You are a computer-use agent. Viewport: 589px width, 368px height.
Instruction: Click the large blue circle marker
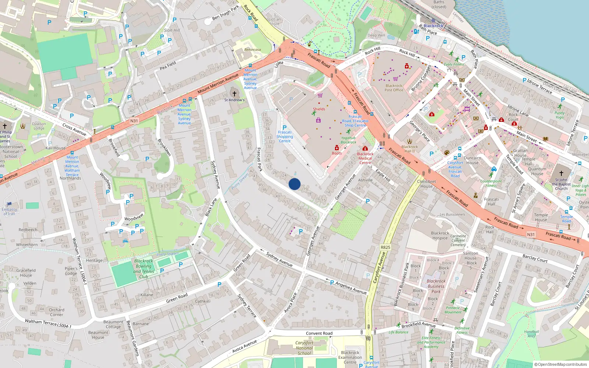pos(294,184)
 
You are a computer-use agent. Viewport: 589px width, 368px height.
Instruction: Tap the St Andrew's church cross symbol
pos(234,94)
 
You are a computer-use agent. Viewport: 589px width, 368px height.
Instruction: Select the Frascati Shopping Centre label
pos(285,137)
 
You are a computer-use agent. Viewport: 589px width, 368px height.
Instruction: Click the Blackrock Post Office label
pos(394,88)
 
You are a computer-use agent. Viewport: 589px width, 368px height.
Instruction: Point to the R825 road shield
pos(385,247)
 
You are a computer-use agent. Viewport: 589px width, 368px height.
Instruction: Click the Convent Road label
pos(319,333)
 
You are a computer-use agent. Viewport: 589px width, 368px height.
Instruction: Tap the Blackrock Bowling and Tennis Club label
pos(144,269)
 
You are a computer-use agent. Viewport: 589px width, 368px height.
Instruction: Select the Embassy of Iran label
pos(9,212)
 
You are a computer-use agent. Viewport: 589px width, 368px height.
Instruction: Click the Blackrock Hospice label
pos(440,236)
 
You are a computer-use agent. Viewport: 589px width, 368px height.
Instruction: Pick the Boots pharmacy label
pos(337,153)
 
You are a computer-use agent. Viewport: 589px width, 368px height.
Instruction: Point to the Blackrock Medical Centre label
pos(365,158)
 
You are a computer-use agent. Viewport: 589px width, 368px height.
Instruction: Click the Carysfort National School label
pos(304,348)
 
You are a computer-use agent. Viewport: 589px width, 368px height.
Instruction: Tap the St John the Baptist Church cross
pos(561,173)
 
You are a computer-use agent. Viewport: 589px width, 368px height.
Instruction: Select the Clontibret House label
pos(426,184)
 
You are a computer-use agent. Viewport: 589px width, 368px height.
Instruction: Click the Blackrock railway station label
pos(433,26)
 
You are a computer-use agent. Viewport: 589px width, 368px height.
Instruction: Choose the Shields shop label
pos(319,109)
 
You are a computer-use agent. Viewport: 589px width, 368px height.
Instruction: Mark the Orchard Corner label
pos(56,312)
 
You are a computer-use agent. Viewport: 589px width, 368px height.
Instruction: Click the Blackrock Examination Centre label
pos(350,357)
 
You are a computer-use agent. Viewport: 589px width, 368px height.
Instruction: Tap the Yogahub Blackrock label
pos(348,140)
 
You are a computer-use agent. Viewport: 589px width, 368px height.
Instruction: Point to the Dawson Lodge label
pos(39,126)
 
